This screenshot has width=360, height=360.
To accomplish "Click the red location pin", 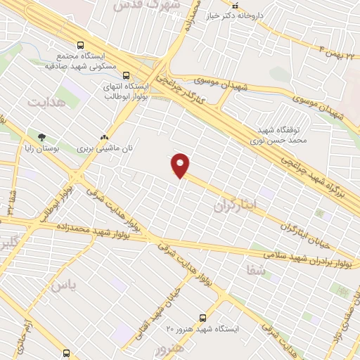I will click(x=181, y=166).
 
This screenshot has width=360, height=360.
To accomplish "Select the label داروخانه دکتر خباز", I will click(x=265, y=15).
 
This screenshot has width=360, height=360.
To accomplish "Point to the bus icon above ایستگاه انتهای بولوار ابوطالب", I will click(x=126, y=75).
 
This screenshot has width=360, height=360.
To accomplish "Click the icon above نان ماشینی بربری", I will click(x=105, y=137).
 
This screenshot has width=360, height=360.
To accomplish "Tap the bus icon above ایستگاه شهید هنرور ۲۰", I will click(x=203, y=317).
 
